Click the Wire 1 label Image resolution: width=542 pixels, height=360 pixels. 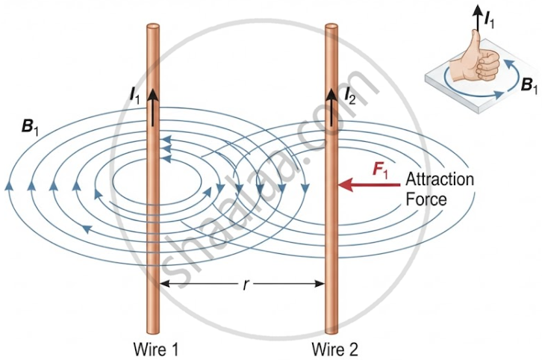[156, 349]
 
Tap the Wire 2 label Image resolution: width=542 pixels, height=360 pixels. [335, 349]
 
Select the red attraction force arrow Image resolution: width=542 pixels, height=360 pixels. [369, 185]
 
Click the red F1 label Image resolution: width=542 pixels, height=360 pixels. [379, 171]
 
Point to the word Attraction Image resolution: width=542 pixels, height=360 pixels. [440, 179]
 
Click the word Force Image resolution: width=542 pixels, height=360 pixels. [426, 199]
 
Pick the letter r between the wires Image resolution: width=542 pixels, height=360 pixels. [245, 285]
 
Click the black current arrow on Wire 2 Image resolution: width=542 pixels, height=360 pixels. [331, 108]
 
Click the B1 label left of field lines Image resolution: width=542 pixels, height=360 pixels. [30, 128]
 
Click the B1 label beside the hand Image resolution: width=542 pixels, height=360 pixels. [529, 85]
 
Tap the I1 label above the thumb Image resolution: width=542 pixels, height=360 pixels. [490, 21]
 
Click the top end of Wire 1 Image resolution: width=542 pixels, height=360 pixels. [153, 27]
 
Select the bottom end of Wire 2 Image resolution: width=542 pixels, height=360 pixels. [331, 332]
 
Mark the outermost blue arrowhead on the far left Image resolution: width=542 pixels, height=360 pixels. [10, 185]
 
